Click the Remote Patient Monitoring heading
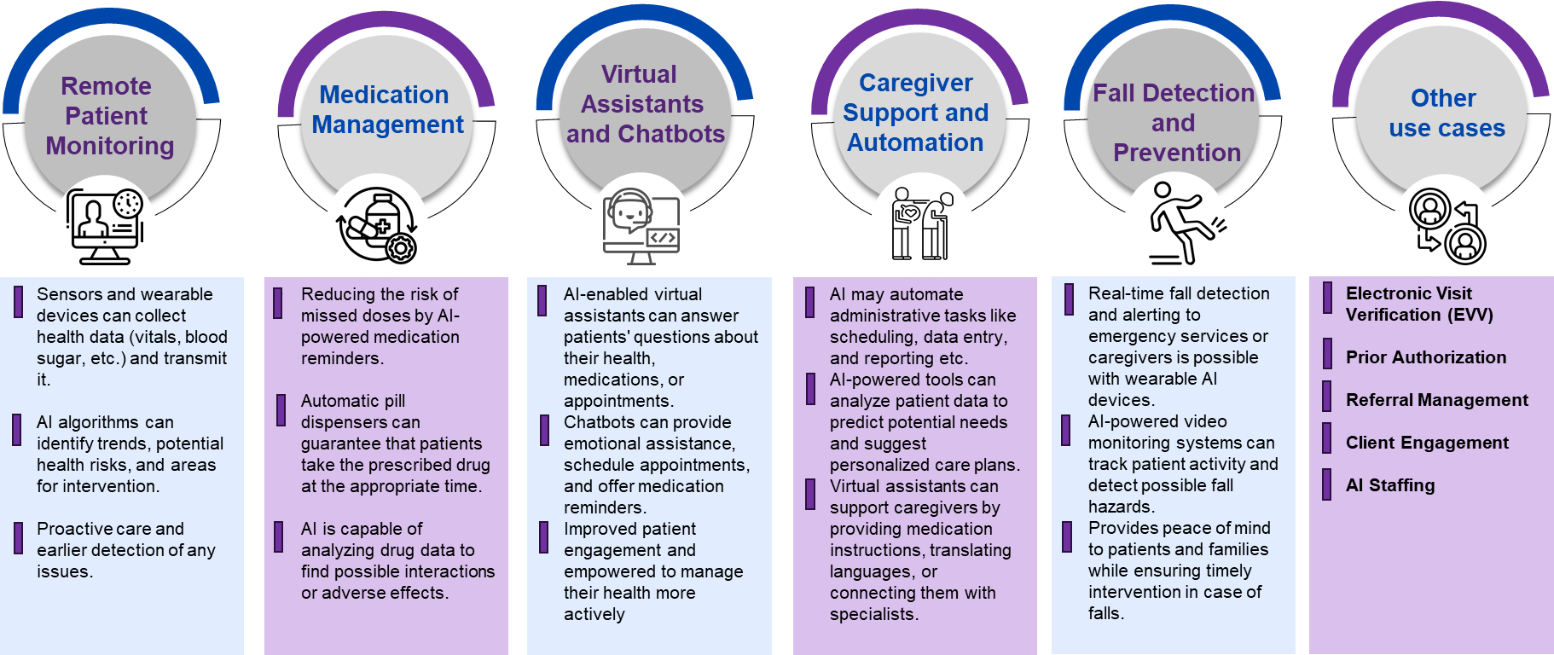[x=109, y=116]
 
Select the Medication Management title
[x=386, y=109]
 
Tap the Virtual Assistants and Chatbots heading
[x=644, y=104]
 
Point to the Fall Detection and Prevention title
[x=1174, y=123]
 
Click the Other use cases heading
[x=1446, y=113]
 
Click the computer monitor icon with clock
[x=105, y=226]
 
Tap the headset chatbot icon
[x=641, y=225]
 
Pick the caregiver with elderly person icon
[x=920, y=225]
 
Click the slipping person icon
[x=1176, y=223]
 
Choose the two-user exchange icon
[x=1444, y=225]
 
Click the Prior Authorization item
[x=1425, y=357]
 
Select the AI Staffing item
[x=1389, y=485]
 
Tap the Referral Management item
[x=1436, y=400]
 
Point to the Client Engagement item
[x=1426, y=443]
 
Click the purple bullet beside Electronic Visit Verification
[x=1327, y=299]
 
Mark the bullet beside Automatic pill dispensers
[x=281, y=410]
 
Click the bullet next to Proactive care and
[x=18, y=538]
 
